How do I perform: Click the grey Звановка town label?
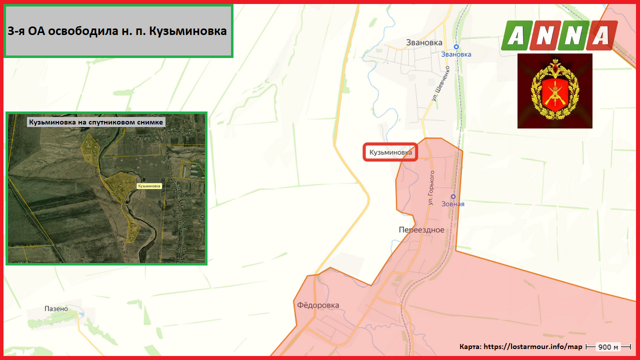(x=424, y=42)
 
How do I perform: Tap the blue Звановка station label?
(x=456, y=54)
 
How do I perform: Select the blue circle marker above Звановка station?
(x=456, y=46)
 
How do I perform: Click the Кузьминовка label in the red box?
(x=390, y=152)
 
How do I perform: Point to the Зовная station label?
(x=453, y=204)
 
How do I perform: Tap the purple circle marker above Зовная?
(x=453, y=196)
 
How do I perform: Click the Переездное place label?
(x=421, y=230)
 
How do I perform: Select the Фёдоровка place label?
(x=318, y=305)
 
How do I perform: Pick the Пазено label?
(x=56, y=308)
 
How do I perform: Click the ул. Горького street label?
(x=431, y=187)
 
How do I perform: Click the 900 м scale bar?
(x=608, y=347)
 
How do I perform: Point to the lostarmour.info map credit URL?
(x=533, y=346)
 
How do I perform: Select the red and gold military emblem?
(x=554, y=90)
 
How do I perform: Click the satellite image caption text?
(x=96, y=121)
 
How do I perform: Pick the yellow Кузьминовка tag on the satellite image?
(x=149, y=186)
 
